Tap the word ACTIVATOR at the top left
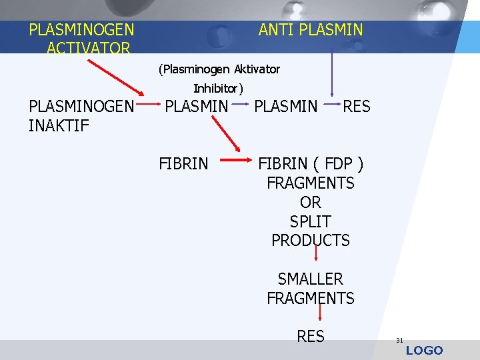pyautogui.click(x=89, y=49)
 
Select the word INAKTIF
pyautogui.click(x=59, y=125)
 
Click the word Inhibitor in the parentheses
pyautogui.click(x=216, y=88)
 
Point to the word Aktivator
pyautogui.click(x=257, y=69)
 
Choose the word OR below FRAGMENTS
pyautogui.click(x=311, y=202)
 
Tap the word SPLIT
pyautogui.click(x=311, y=221)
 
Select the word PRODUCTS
pyautogui.click(x=311, y=241)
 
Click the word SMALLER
pyautogui.click(x=311, y=279)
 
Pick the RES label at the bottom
pyautogui.click(x=311, y=337)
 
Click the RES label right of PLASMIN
pyautogui.click(x=356, y=106)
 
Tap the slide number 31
pyautogui.click(x=399, y=340)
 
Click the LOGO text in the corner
pyautogui.click(x=424, y=351)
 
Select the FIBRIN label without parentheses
pyautogui.click(x=183, y=163)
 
